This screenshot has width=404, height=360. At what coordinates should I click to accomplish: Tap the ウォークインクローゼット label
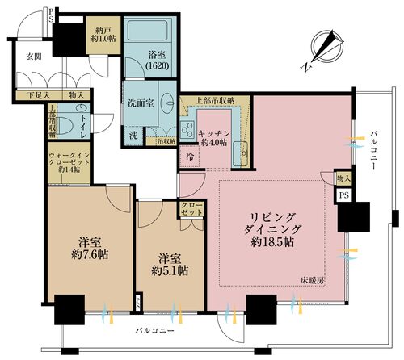tap(68, 161)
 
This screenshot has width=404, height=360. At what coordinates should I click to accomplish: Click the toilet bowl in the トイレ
tap(67, 126)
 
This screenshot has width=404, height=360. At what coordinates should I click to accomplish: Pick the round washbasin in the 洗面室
tap(168, 105)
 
